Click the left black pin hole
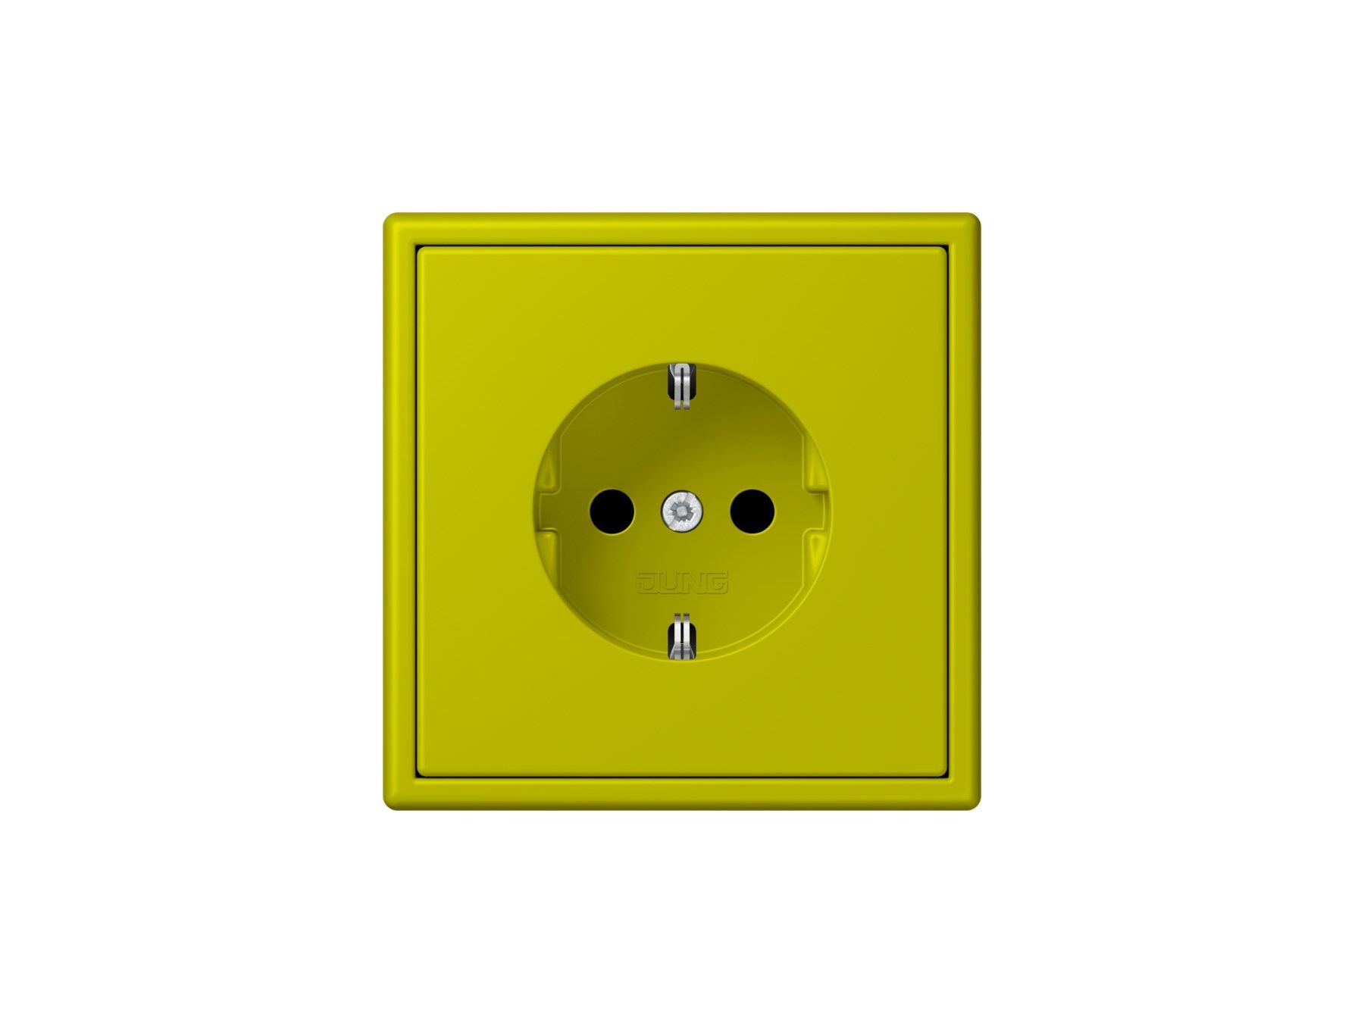(612, 511)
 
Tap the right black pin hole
(752, 511)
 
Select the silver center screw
(682, 511)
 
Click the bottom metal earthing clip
(682, 636)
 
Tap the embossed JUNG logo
(682, 582)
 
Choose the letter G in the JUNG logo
(717, 582)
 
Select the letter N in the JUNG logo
(693, 582)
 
